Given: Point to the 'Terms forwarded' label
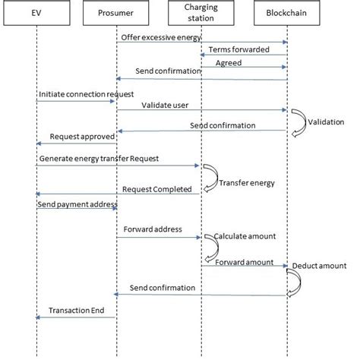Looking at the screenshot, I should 238,49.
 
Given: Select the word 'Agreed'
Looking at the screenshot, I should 229,63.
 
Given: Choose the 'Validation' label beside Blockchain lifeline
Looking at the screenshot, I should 326,122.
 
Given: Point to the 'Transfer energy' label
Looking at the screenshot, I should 246,183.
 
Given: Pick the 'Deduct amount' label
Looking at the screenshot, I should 322,265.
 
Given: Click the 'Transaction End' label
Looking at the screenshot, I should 76,311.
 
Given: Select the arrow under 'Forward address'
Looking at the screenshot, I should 158,237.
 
